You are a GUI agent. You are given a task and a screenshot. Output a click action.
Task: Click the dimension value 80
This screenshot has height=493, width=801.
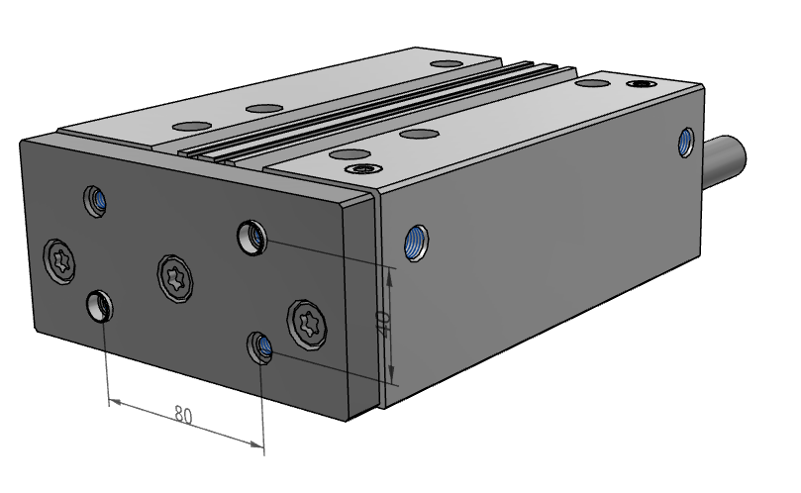pos(183,414)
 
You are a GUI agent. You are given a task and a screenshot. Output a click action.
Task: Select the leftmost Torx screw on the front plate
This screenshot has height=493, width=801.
pos(60,262)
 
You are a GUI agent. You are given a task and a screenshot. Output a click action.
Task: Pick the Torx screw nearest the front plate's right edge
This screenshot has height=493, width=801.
pos(307,324)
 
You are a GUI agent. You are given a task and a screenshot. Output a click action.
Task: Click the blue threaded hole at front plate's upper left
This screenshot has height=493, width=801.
pos(95,201)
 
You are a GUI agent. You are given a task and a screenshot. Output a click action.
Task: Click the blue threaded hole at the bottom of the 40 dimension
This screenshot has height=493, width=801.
pos(261,346)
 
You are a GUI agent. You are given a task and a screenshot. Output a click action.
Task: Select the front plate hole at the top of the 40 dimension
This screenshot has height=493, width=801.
pos(251,238)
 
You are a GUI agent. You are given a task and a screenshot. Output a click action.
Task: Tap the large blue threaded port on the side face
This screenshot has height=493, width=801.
pos(416,242)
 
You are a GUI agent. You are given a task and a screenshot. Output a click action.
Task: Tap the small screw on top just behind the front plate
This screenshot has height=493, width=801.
pos(360,168)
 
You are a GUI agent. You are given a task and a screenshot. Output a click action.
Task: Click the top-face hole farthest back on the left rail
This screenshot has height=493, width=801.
pos(447,64)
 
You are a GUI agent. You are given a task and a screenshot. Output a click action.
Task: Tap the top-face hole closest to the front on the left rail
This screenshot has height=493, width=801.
pos(189,126)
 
